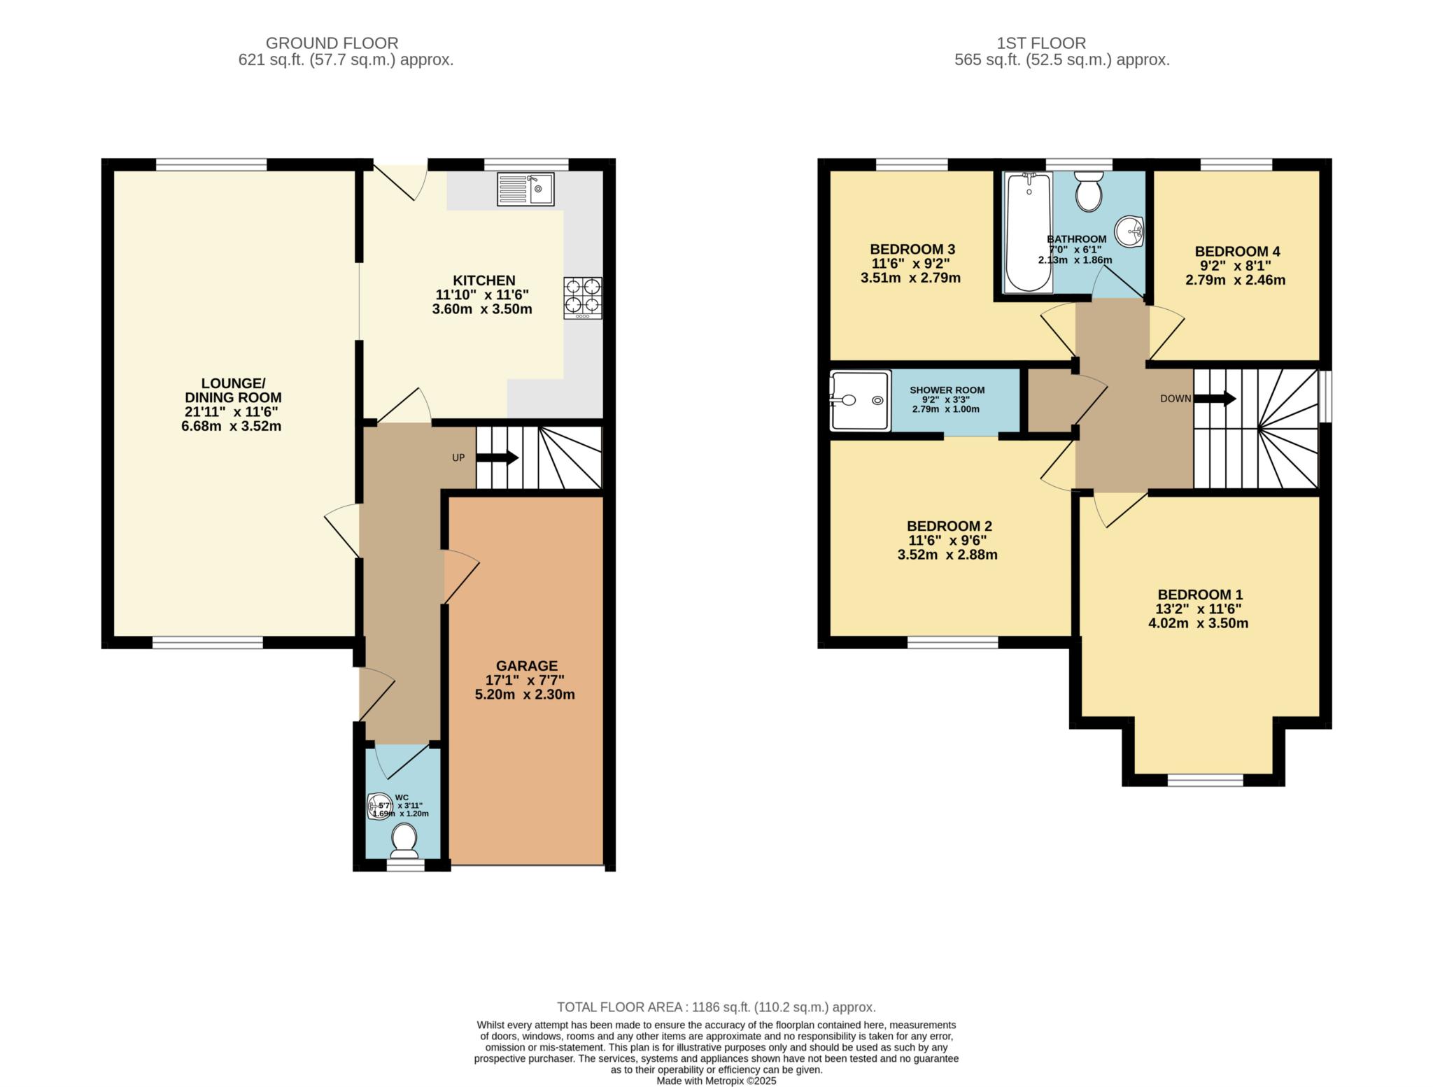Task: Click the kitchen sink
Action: pyautogui.click(x=525, y=189)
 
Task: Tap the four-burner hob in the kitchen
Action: pyautogui.click(x=582, y=298)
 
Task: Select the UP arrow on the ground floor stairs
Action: pyautogui.click(x=497, y=458)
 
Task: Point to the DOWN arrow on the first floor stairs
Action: pyautogui.click(x=1215, y=399)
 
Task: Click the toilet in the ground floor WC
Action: pyautogui.click(x=404, y=840)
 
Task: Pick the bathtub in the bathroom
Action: pyautogui.click(x=1028, y=232)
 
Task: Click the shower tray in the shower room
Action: pyautogui.click(x=860, y=401)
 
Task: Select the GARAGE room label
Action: pyautogui.click(x=527, y=666)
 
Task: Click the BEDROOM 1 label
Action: pyautogui.click(x=1199, y=595)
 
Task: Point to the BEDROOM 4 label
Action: pyautogui.click(x=1237, y=251)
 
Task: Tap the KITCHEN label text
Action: pyautogui.click(x=483, y=280)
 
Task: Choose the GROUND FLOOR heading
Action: pyautogui.click(x=332, y=43)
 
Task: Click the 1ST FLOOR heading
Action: pyautogui.click(x=1041, y=43)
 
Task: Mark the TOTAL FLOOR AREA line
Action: pyautogui.click(x=716, y=1007)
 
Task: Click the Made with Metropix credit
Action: pyautogui.click(x=716, y=1081)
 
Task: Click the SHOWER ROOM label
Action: pyautogui.click(x=947, y=390)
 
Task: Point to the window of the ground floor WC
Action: pyautogui.click(x=406, y=865)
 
